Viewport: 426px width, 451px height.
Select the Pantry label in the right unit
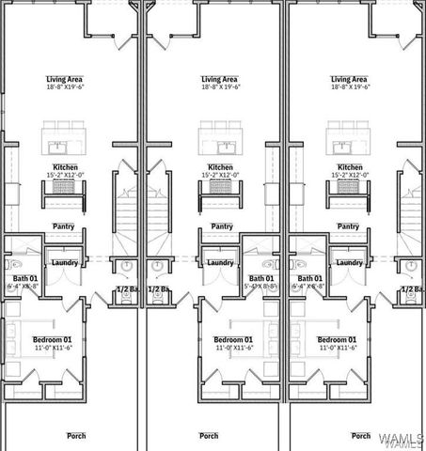(349, 225)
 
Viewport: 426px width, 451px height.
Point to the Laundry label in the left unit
(64, 263)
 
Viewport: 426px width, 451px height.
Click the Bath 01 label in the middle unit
(262, 278)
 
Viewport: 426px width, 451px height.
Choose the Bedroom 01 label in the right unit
(337, 338)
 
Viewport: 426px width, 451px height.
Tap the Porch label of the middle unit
(209, 435)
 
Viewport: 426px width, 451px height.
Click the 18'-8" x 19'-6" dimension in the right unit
(349, 87)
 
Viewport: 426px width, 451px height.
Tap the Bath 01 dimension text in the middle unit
(262, 287)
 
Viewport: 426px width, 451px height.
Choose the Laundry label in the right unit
(349, 263)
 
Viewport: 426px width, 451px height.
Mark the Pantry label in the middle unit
(222, 225)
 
